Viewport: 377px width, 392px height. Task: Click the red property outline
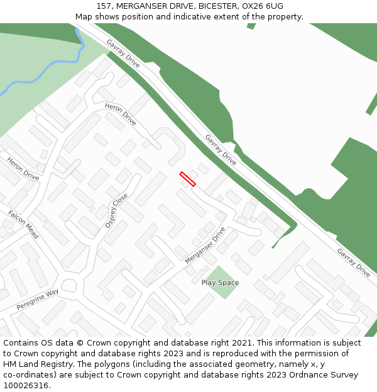point(187,179)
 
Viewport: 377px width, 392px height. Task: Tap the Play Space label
point(220,283)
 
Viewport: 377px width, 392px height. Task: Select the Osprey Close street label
point(116,210)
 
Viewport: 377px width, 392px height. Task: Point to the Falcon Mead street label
point(23,224)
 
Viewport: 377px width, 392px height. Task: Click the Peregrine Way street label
point(37,299)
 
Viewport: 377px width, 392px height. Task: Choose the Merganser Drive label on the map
point(205,245)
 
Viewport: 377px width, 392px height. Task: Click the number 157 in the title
point(104,6)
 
